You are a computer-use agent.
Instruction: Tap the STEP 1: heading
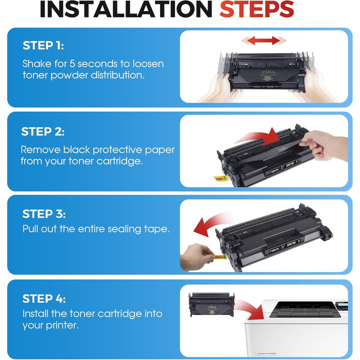pyautogui.click(x=43, y=45)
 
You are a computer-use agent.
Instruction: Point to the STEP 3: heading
pyautogui.click(x=44, y=213)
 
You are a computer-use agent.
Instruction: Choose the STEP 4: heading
pyautogui.click(x=44, y=298)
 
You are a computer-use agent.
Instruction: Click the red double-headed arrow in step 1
pyautogui.click(x=260, y=40)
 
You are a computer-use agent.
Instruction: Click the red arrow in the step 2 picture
pyautogui.click(x=259, y=137)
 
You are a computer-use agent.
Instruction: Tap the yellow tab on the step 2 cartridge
pyautogui.click(x=220, y=177)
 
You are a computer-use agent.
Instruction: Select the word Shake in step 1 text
pyautogui.click(x=36, y=64)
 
